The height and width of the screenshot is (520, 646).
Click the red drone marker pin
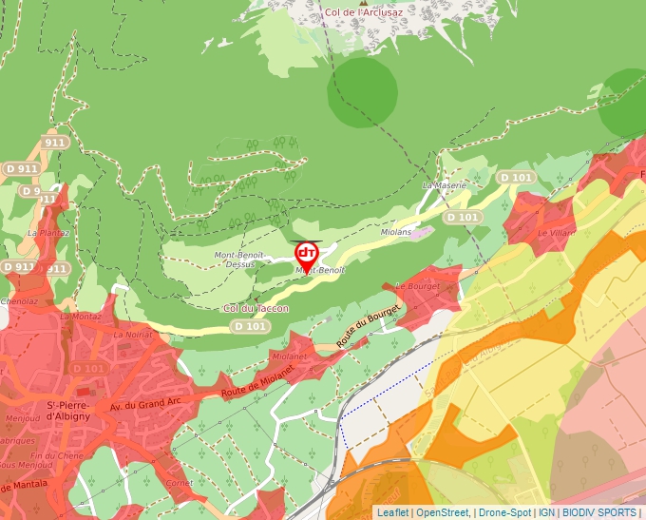click(307, 254)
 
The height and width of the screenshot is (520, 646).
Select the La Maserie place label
click(445, 185)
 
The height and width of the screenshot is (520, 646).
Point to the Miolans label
click(396, 232)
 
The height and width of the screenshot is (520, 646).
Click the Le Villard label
click(555, 232)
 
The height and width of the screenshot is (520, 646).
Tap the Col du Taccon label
click(256, 308)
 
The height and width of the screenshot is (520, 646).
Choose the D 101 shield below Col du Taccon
click(250, 327)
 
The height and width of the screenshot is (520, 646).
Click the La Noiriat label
click(132, 335)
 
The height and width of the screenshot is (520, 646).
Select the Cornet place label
click(179, 482)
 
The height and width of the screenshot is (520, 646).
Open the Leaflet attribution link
click(392, 512)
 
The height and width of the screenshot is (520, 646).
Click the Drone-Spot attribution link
click(504, 512)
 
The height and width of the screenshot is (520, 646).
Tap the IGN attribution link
click(546, 512)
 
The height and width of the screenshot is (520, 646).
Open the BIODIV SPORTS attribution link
click(598, 512)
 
